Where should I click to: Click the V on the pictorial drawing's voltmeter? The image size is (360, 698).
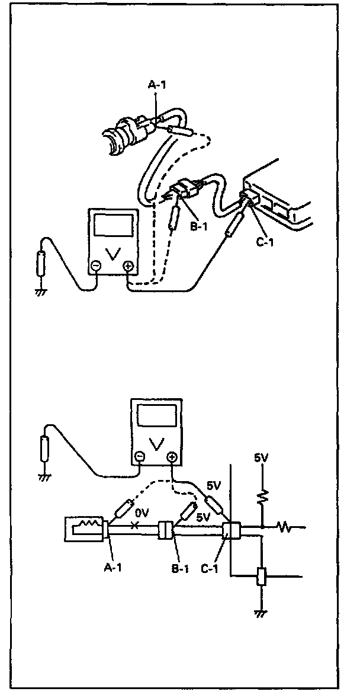tap(112, 253)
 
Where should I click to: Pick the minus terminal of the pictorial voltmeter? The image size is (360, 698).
tap(95, 267)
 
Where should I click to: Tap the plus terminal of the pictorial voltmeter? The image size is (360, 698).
tap(128, 267)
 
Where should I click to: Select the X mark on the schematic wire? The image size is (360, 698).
tap(136, 525)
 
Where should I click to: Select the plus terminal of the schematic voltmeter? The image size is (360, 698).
tap(172, 457)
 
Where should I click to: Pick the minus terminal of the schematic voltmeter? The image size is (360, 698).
tap(139, 457)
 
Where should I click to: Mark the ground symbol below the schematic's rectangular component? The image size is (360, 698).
tap(260, 614)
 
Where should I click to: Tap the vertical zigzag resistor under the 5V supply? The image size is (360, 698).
tap(261, 494)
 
